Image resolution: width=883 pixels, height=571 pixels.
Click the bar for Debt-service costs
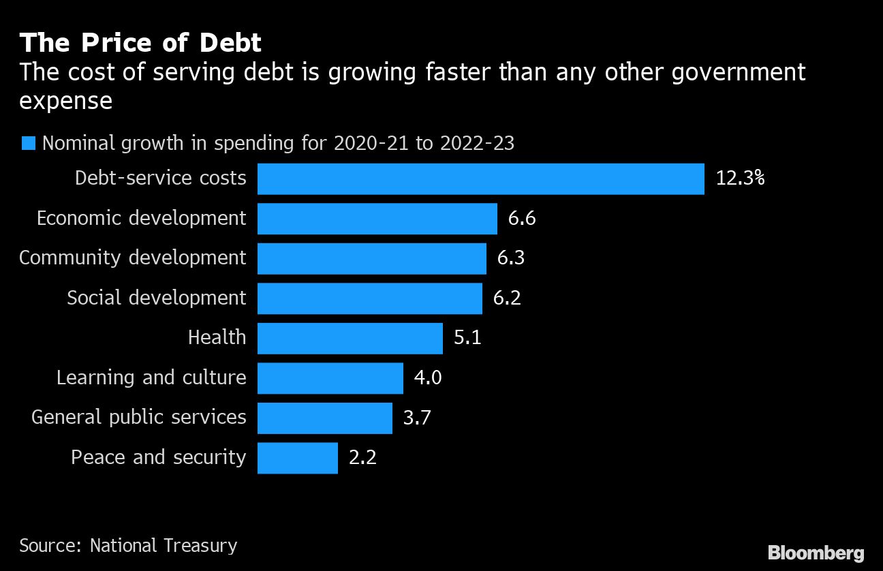pyautogui.click(x=480, y=179)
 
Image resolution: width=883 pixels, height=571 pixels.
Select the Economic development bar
pyautogui.click(x=377, y=219)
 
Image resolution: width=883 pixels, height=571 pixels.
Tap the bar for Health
pyautogui.click(x=350, y=338)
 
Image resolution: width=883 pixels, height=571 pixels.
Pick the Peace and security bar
pyautogui.click(x=297, y=458)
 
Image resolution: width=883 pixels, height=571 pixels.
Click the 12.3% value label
pyautogui.click(x=740, y=179)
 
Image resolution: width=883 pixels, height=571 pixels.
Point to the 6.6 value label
pyautogui.click(x=522, y=219)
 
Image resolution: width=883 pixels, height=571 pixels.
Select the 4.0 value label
pyautogui.click(x=428, y=377)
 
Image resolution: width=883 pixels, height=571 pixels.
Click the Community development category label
pyautogui.click(x=132, y=258)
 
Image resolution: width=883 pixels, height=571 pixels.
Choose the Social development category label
pyautogui.click(x=156, y=298)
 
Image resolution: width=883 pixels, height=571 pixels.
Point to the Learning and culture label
pyautogui.click(x=151, y=377)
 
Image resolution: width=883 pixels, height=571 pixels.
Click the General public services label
pyautogui.click(x=138, y=417)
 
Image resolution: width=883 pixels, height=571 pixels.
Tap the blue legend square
pyautogui.click(x=29, y=143)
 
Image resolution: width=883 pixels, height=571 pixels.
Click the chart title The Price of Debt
pyautogui.click(x=140, y=43)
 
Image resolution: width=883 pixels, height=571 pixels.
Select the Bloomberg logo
pyautogui.click(x=816, y=553)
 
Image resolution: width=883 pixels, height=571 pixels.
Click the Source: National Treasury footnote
pyautogui.click(x=128, y=545)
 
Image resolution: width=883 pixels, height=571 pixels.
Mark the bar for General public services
pyautogui.click(x=324, y=418)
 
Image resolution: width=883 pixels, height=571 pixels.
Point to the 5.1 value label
pyautogui.click(x=467, y=338)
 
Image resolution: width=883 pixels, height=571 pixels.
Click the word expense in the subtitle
pyautogui.click(x=65, y=101)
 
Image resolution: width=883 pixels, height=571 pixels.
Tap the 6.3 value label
pyautogui.click(x=511, y=258)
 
